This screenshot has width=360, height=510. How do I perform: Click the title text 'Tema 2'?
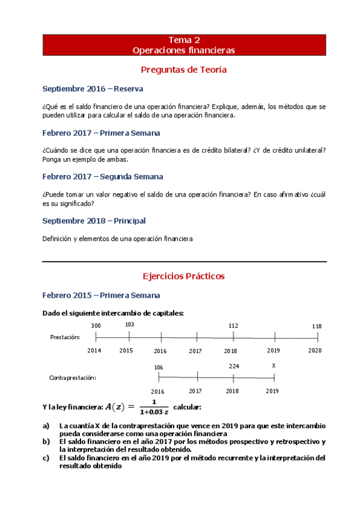coord(183,40)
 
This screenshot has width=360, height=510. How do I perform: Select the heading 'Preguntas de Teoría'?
coord(183,70)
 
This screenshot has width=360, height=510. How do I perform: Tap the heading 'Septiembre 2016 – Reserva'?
coord(93,89)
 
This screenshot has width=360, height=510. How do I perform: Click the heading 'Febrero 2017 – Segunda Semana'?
coord(103,177)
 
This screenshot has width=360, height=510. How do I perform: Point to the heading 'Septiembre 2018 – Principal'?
coord(94,221)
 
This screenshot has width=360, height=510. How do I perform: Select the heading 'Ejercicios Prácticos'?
coord(183,276)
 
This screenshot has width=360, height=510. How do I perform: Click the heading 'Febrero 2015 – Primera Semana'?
coord(101,295)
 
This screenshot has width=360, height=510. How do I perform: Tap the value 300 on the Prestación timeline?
coord(96,325)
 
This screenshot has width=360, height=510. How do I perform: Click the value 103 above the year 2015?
coord(129,325)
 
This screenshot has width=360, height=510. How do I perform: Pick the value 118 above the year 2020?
coord(317,326)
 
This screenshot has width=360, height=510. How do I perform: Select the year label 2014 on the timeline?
coord(94,351)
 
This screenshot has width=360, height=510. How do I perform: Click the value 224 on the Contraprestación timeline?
coord(234,366)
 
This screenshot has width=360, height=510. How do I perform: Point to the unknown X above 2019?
coord(273,366)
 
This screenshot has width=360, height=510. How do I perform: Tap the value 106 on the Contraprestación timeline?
coord(159,367)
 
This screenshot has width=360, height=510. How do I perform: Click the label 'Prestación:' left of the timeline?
coord(64,337)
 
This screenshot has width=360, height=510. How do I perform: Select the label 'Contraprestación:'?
coord(73,378)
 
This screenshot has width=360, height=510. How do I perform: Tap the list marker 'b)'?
coord(46,441)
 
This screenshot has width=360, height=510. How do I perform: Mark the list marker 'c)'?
coord(46,458)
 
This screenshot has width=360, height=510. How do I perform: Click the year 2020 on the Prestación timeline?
coord(315,351)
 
